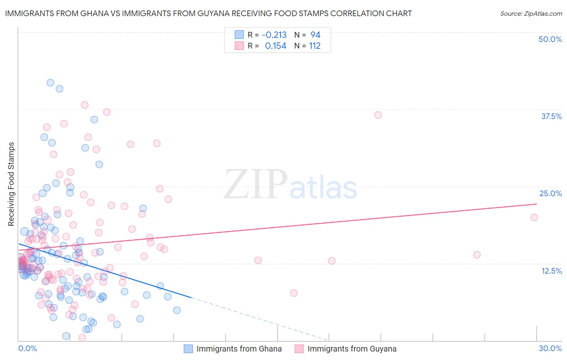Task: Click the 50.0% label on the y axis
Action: click(x=550, y=39)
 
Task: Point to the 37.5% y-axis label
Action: click(x=551, y=116)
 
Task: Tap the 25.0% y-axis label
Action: click(x=550, y=193)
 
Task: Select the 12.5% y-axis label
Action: click(x=551, y=271)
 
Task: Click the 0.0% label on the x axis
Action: click(x=27, y=348)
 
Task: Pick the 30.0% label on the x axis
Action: click(x=550, y=348)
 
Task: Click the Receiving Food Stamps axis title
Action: click(x=11, y=184)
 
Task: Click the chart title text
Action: click(x=208, y=13)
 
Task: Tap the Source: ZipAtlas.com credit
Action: click(x=531, y=13)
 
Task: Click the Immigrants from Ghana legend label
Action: click(x=239, y=349)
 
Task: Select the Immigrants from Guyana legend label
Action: click(x=352, y=349)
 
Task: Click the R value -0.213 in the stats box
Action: click(x=274, y=35)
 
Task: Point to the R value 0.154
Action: click(x=275, y=46)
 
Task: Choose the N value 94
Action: click(x=315, y=35)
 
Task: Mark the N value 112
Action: click(x=315, y=46)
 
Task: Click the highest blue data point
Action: click(x=50, y=83)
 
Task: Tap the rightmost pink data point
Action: click(x=534, y=218)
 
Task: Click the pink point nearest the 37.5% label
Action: click(x=378, y=115)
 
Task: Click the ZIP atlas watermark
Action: click(x=290, y=185)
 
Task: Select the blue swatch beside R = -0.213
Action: click(x=240, y=35)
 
